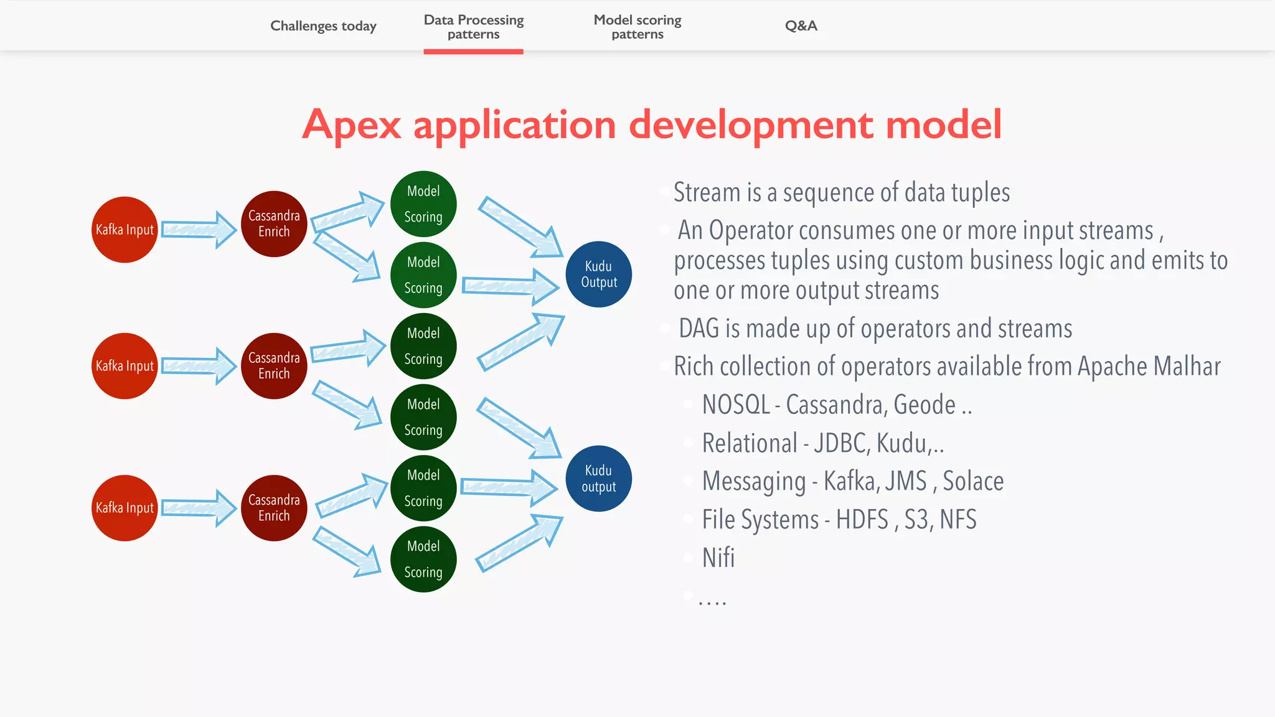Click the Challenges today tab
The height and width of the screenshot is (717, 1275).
point(323,26)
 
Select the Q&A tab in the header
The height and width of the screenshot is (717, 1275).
point(801,26)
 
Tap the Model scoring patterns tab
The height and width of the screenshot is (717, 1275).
point(637,27)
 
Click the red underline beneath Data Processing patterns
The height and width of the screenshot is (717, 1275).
point(473,52)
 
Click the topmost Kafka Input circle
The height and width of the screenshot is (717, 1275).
point(125,230)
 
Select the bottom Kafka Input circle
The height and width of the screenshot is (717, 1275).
point(125,508)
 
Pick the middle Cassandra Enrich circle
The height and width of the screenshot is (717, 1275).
point(274,366)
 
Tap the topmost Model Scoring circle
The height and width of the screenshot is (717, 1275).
point(423,204)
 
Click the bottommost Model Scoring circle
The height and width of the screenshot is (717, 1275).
point(423,559)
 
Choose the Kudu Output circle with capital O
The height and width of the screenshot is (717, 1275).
point(598,274)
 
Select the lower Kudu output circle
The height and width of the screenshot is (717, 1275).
point(598,479)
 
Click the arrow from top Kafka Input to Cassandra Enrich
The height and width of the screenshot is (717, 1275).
point(198,230)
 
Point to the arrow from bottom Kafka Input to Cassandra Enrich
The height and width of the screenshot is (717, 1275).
point(198,508)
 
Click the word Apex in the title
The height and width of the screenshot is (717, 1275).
point(352,125)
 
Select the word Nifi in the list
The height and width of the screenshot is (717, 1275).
point(718,558)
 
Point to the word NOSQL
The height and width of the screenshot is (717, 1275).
point(736,405)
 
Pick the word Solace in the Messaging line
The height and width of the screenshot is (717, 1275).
point(972,482)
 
